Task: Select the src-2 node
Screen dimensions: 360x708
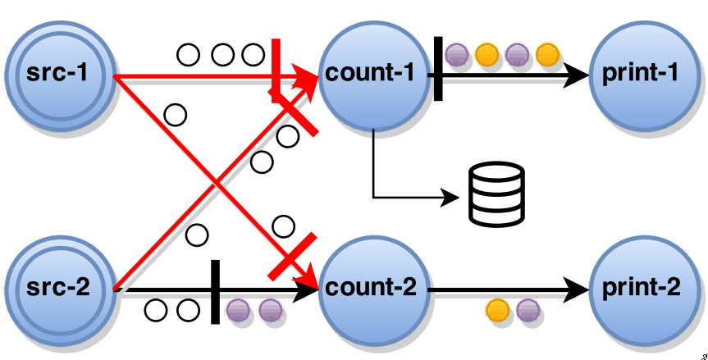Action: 57,289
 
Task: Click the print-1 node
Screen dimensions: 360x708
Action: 640,74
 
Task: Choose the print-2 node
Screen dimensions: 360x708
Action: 640,289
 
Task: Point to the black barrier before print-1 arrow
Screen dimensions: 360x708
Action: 438,69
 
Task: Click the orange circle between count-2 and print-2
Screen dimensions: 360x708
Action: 496,312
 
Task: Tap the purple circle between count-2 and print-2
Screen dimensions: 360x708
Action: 528,312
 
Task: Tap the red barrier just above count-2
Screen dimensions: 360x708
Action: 293,257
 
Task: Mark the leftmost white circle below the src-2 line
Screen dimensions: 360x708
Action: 156,311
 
